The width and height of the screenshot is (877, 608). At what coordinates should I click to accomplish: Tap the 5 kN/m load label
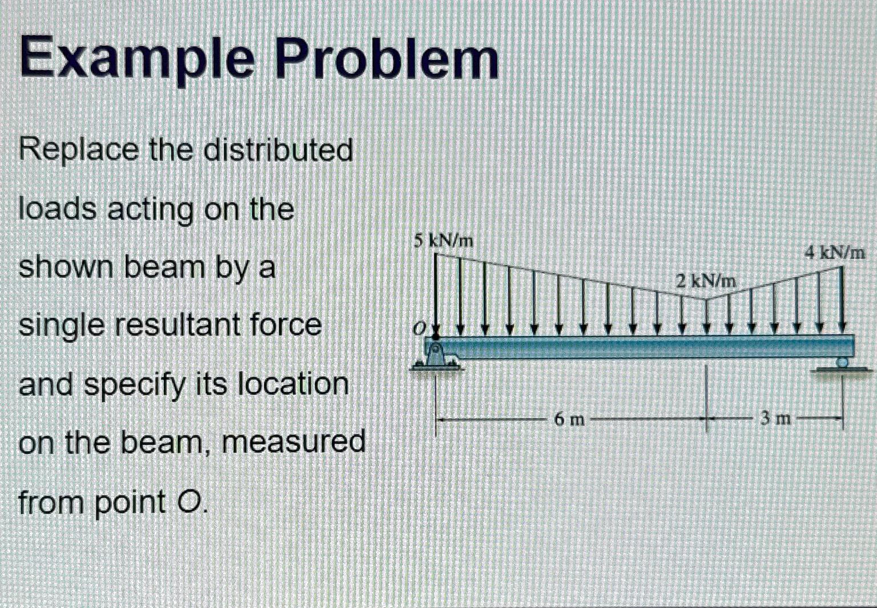[444, 241]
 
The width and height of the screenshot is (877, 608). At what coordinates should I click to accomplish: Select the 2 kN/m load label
[706, 281]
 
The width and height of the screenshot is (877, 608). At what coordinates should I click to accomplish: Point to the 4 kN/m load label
[835, 252]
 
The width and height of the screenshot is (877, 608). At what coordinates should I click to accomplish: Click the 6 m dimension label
[569, 420]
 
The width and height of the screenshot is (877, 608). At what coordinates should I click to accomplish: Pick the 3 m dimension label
[775, 419]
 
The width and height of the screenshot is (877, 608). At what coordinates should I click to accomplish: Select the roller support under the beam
[843, 362]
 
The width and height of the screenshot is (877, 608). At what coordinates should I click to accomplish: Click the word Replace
[79, 151]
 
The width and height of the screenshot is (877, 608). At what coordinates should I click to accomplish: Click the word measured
[293, 443]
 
